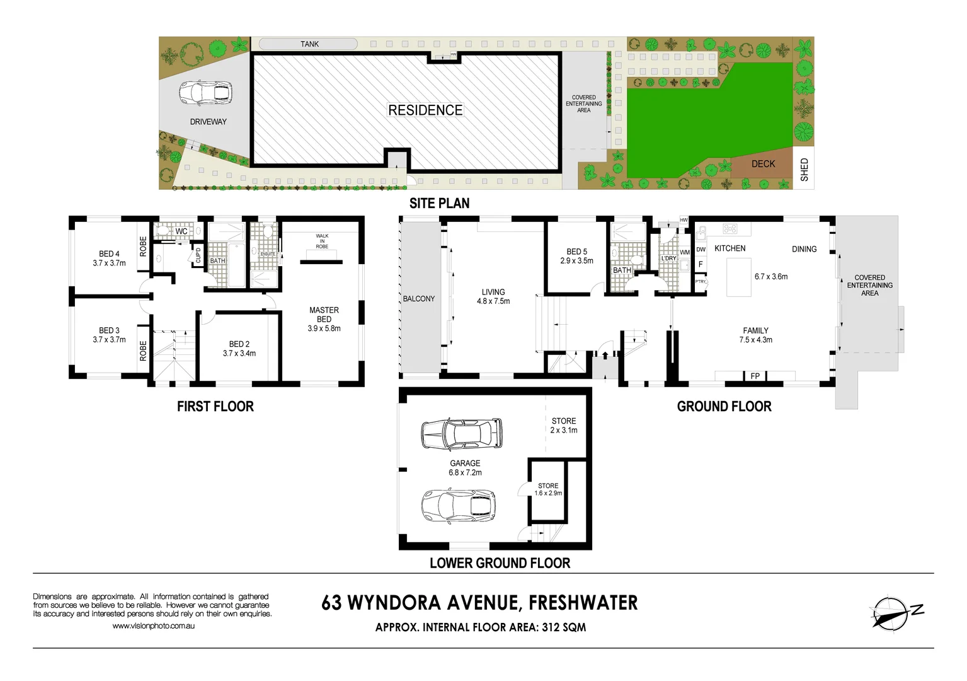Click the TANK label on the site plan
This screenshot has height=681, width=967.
coord(309,44)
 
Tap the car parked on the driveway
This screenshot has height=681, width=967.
coord(205,93)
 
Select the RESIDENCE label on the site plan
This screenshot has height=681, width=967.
coord(425,110)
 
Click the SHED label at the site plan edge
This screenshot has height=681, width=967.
coord(804,170)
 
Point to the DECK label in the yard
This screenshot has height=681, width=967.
coord(763,164)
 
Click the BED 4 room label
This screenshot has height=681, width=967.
coord(109,254)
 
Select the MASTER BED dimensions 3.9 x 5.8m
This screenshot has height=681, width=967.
coord(324,329)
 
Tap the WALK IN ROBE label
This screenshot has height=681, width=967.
coord(322,242)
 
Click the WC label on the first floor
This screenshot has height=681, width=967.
coord(181,231)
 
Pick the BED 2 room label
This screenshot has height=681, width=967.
coord(239,344)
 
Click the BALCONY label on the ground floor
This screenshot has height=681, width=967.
coord(419,299)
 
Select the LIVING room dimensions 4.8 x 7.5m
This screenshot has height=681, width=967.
coord(493,301)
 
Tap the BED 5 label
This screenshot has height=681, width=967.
coord(576,252)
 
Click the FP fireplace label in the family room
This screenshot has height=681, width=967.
coord(755,376)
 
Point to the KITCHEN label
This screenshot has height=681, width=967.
coord(730,248)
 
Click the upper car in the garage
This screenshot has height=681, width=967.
coord(462,434)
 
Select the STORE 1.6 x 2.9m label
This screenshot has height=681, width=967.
coord(548,489)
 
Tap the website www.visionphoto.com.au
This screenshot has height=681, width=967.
coord(153,626)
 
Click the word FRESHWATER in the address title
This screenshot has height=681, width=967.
coord(583,603)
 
